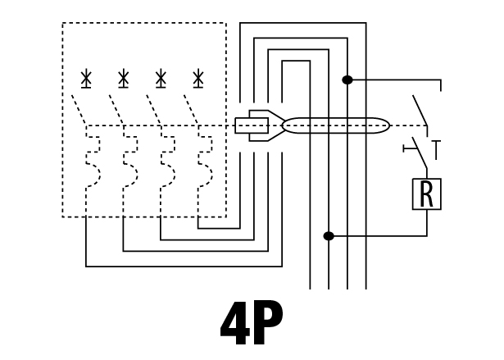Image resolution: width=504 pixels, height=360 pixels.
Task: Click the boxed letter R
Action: click(x=426, y=194)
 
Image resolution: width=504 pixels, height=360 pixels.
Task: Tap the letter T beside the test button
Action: click(x=437, y=150)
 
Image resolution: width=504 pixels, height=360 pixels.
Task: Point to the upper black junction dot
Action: click(x=347, y=80)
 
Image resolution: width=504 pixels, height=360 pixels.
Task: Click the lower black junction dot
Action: click(x=329, y=237)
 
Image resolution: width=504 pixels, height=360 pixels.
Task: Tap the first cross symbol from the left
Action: click(x=86, y=79)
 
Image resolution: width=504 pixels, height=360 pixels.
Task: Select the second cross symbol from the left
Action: click(x=123, y=79)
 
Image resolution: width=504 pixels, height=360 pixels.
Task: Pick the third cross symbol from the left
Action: click(x=161, y=79)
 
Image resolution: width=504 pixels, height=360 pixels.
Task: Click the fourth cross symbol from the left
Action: click(x=198, y=79)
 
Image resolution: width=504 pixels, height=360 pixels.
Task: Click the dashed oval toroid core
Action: click(x=336, y=126)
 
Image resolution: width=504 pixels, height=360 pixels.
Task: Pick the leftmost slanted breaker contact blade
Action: click(x=79, y=110)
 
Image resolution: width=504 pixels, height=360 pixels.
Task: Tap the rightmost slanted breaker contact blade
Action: click(x=191, y=110)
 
